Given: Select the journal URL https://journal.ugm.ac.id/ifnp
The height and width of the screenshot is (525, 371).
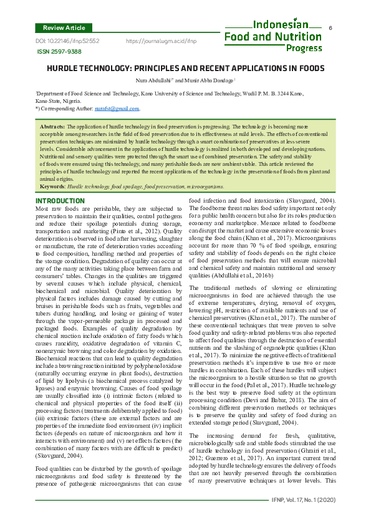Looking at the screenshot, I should tap(161, 41).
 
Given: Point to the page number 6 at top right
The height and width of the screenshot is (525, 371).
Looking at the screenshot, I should tap(330, 29).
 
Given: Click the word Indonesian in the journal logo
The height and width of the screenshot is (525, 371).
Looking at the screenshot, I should tap(281, 25).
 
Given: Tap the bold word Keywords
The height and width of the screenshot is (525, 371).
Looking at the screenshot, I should tap(52, 186).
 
